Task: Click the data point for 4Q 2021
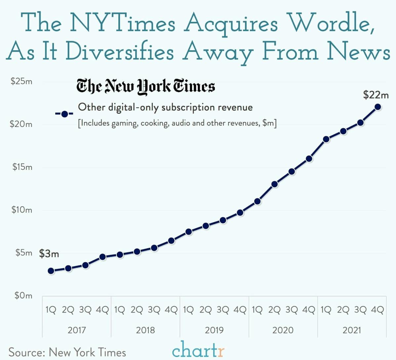(377, 107)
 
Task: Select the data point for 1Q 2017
(51, 271)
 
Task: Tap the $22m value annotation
(376, 95)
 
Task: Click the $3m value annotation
(49, 254)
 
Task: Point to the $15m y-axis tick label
(22, 167)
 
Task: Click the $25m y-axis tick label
(21, 81)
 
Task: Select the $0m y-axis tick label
(23, 295)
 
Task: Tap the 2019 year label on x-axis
(214, 330)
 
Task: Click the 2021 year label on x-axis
(352, 330)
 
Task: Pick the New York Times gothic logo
(146, 87)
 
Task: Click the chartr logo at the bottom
(198, 350)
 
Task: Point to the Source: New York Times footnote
(67, 352)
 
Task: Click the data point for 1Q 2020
(257, 201)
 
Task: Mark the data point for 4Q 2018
(171, 240)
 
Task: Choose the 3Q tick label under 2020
(292, 310)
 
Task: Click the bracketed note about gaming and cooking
(177, 123)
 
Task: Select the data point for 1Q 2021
(326, 139)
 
